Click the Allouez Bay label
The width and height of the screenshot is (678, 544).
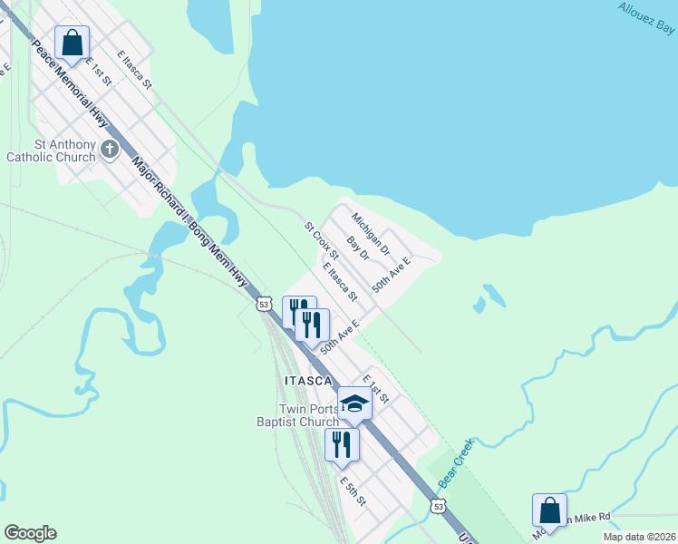point(647,18)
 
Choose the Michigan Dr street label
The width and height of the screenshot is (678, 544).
point(371,233)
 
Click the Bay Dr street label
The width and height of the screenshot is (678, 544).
point(359,249)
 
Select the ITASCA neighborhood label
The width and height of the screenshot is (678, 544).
point(309,381)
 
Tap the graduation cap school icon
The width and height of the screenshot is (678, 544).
point(354,403)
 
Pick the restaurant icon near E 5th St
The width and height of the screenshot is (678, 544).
point(342,443)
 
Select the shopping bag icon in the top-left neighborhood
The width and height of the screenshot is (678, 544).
point(72,42)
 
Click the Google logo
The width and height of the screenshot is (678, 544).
point(30,533)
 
